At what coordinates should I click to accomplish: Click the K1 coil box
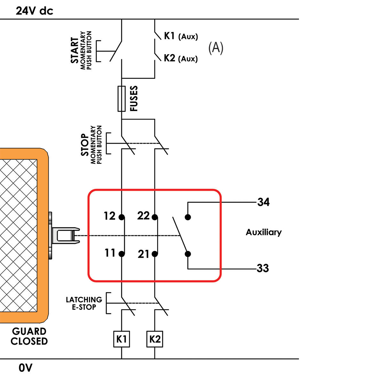click(x=122, y=339)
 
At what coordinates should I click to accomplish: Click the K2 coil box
click(x=155, y=339)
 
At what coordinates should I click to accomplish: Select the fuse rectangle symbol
click(x=121, y=99)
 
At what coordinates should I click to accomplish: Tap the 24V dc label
click(x=35, y=11)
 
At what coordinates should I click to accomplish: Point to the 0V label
click(x=26, y=368)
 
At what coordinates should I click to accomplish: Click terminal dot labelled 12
click(x=122, y=217)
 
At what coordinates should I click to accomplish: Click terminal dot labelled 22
click(x=155, y=217)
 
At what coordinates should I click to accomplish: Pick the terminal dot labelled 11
click(x=122, y=254)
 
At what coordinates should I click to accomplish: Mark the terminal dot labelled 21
click(x=155, y=254)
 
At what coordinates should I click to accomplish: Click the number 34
click(x=263, y=202)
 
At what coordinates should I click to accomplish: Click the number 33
click(x=263, y=268)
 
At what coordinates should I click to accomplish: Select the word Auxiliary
click(x=263, y=232)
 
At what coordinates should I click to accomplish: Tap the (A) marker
click(x=216, y=48)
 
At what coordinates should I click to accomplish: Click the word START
click(x=75, y=50)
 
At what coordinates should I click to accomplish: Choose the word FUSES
click(x=134, y=99)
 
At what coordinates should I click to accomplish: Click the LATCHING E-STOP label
click(x=84, y=303)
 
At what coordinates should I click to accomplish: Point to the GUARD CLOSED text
click(x=29, y=336)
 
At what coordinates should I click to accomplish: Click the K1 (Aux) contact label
click(x=181, y=36)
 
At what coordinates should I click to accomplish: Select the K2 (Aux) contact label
click(x=181, y=58)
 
